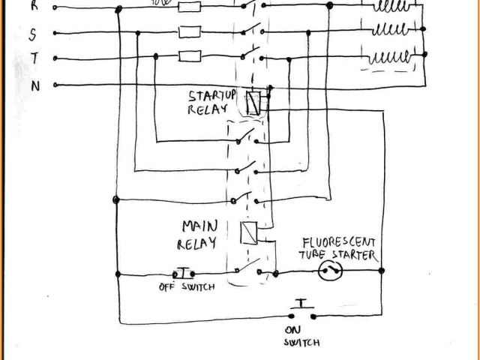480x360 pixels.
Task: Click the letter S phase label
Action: tap(32, 34)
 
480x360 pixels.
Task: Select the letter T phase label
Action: tap(34, 60)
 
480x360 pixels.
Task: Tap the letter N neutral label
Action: tap(34, 85)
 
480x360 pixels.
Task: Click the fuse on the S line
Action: tap(188, 31)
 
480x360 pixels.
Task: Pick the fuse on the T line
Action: tap(188, 55)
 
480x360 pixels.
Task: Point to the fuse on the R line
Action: tap(189, 7)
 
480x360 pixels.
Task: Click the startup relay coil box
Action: tap(254, 103)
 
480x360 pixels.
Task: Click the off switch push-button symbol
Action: tap(184, 272)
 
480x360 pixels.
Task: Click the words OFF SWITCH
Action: tap(187, 286)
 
